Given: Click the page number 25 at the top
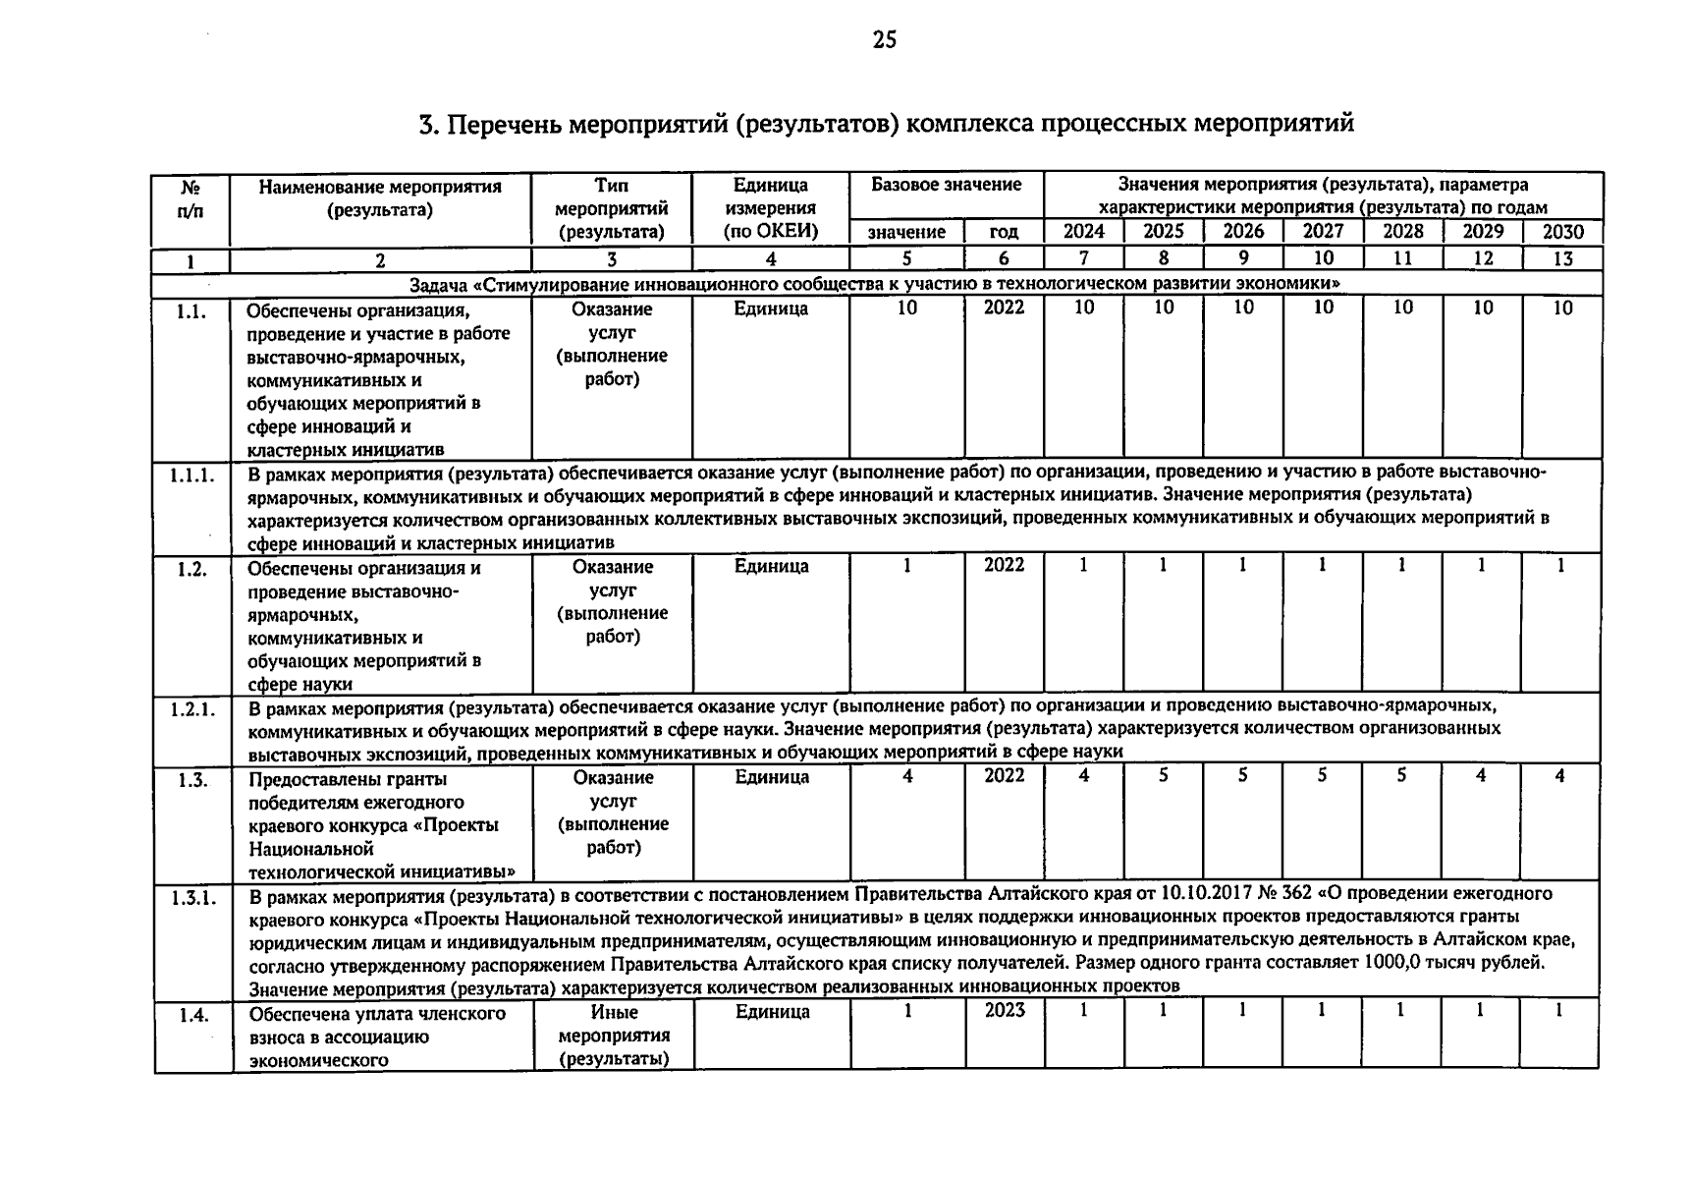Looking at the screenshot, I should coord(884,39).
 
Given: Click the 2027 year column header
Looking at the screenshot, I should coord(1323,232).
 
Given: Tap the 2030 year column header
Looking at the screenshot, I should coord(1562,232).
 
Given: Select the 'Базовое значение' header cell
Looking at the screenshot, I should coord(946,185).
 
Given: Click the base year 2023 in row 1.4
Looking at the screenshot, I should coord(1005,1010).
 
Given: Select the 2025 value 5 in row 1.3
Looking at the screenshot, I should coord(1164,775).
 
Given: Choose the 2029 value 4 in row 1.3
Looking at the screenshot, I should coord(1481,775).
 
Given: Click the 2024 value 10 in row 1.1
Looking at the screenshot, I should coord(1084,308).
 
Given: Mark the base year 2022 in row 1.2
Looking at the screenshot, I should coord(1005,565).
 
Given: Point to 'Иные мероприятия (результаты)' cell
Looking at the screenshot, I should coord(614,1036).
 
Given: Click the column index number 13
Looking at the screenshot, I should coord(1562,259).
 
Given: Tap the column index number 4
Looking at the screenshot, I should coord(771,259).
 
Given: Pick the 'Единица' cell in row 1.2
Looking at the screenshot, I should coord(771,566).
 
